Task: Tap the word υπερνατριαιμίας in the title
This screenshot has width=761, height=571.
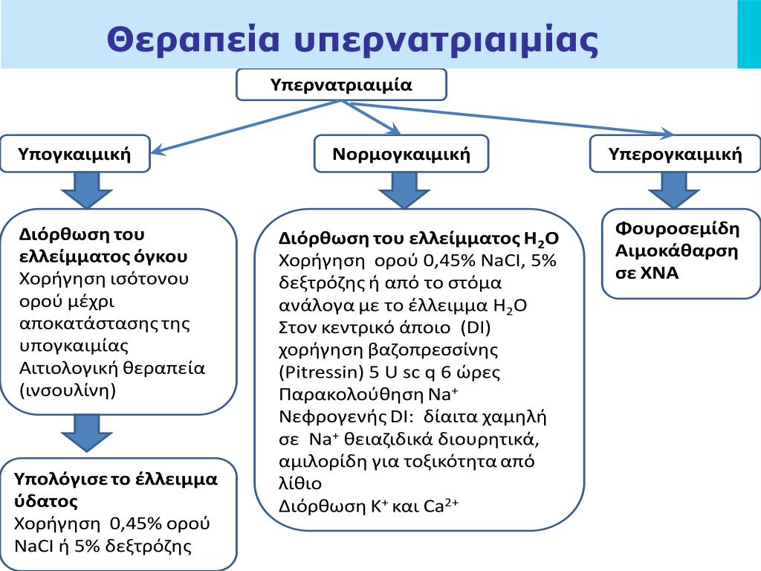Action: [x=445, y=40]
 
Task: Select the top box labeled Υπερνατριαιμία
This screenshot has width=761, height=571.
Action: [x=341, y=84]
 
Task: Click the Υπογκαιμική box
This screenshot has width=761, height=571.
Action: [x=75, y=154]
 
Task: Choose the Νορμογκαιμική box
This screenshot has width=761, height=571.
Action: [x=401, y=154]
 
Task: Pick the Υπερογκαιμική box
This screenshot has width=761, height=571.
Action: [x=676, y=154]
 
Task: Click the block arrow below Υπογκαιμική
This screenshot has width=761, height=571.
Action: [x=86, y=190]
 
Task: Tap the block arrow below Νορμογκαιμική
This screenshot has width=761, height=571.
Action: [x=404, y=190]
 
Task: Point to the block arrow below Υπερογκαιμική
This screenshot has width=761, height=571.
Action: [x=674, y=190]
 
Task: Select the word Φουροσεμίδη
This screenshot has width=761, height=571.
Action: [x=677, y=228]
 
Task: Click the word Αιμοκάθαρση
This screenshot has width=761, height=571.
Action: [x=676, y=251]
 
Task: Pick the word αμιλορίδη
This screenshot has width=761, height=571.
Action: [x=317, y=461]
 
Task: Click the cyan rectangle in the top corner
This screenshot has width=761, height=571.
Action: [x=748, y=34]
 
